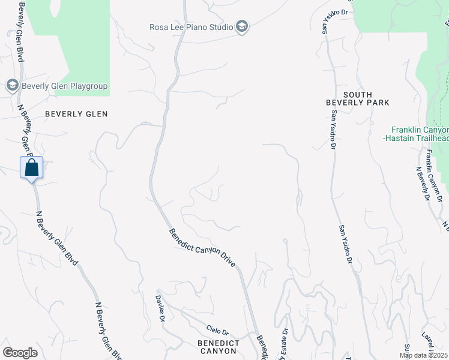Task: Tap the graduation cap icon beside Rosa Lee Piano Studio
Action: click(241, 27)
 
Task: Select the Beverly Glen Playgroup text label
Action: click(65, 86)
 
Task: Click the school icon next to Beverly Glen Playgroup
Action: click(12, 85)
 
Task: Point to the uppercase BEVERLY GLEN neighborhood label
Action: click(76, 114)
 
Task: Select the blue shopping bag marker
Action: click(32, 167)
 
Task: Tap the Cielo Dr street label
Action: click(217, 331)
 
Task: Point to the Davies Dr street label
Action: click(160, 308)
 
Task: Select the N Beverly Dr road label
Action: click(423, 182)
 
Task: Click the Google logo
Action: click(20, 353)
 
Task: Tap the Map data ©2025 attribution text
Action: click(424, 355)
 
